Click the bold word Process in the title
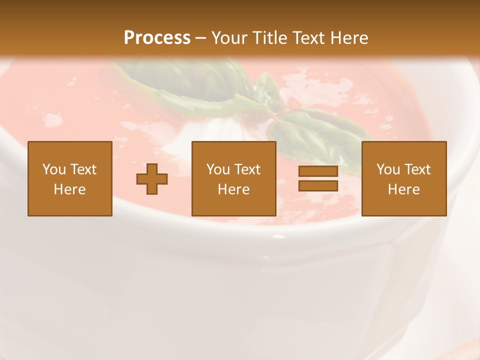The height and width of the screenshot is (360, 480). point(157,37)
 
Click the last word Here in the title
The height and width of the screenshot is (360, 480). point(348,37)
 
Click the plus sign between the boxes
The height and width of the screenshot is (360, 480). point(152,179)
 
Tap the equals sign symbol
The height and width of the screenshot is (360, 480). point(318,178)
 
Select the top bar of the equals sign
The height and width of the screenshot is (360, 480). point(318,171)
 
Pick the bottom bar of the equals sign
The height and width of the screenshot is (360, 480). point(318,185)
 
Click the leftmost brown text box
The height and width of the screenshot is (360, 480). point(69,178)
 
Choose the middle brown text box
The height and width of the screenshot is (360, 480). point(233,178)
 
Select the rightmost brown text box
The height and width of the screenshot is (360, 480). point(403,178)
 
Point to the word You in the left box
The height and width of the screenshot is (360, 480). point(54,169)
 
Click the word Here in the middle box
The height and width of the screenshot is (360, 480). point(233,189)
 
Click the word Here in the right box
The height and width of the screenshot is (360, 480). point(403,189)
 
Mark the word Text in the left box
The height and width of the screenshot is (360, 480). point(83,169)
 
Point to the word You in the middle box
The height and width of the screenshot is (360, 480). point(218,169)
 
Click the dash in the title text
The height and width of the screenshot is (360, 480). point(200,38)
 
